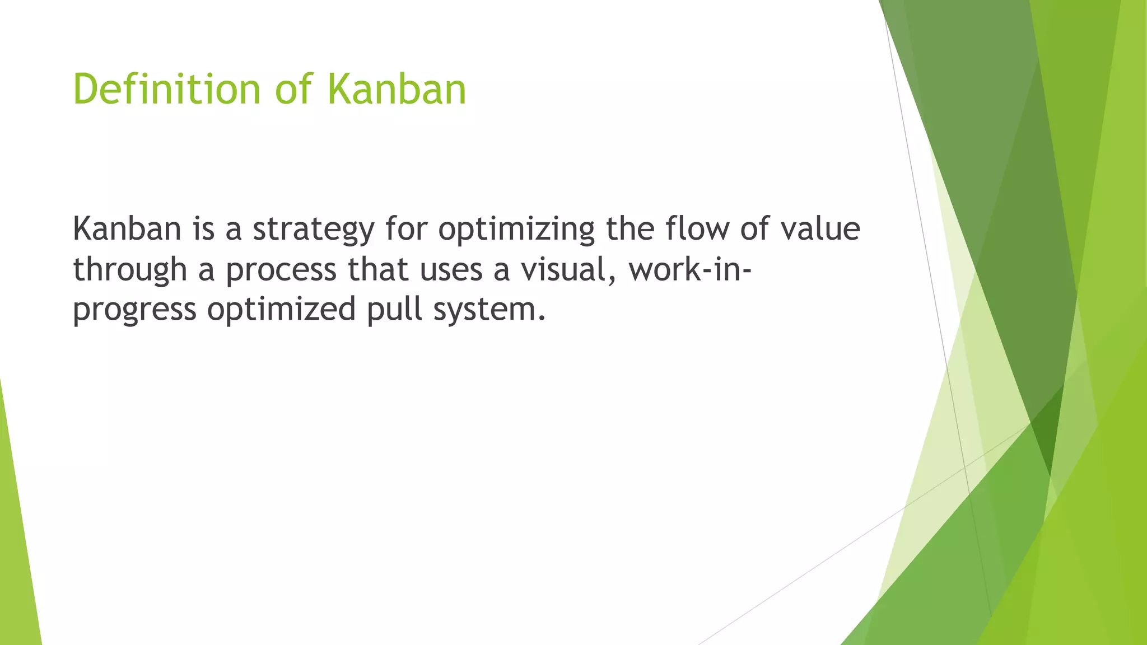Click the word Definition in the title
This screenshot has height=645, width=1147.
[x=166, y=90]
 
